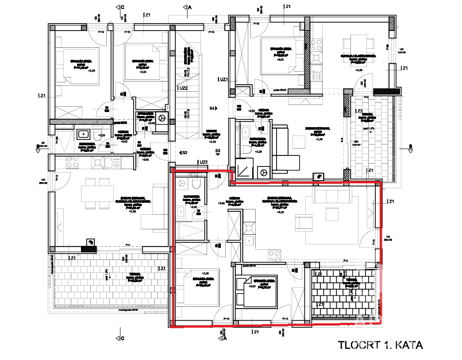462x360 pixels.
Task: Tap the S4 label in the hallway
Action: pyautogui.click(x=213, y=108)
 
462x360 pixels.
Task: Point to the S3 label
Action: pyautogui.click(x=217, y=151)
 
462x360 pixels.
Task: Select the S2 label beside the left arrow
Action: pyautogui.click(x=185, y=152)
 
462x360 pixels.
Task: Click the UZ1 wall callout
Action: pyautogui.click(x=223, y=79)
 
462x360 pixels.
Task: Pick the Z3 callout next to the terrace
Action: pyautogui.click(x=360, y=111)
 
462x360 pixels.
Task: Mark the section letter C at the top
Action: pyautogui.click(x=123, y=7)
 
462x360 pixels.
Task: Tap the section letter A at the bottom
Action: pyautogui.click(x=226, y=339)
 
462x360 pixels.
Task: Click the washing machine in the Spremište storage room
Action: pyautogui.click(x=162, y=119)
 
